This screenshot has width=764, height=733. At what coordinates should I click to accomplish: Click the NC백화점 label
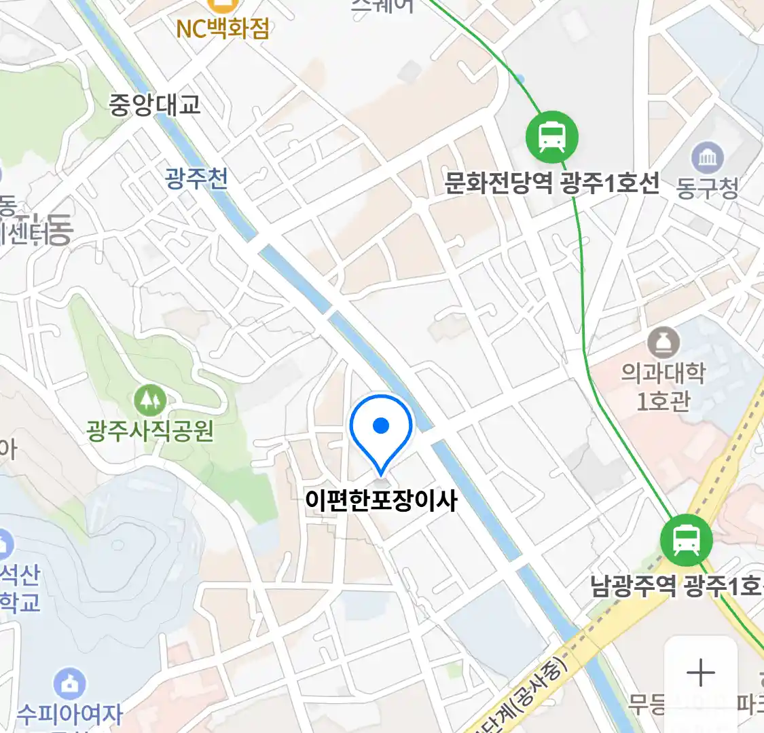click(x=223, y=29)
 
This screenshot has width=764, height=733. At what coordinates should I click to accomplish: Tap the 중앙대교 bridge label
click(x=155, y=105)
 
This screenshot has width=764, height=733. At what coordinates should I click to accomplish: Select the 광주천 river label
click(x=196, y=178)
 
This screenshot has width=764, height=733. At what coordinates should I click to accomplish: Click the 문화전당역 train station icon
click(x=552, y=136)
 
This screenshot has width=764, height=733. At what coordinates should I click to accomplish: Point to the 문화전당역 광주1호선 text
click(x=551, y=183)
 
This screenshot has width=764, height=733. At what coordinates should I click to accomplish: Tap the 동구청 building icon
click(x=708, y=158)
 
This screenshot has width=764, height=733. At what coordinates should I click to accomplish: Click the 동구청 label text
click(x=708, y=188)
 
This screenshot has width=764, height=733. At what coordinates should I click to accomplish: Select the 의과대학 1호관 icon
click(x=663, y=343)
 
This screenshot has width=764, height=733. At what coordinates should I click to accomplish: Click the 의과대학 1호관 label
click(x=663, y=387)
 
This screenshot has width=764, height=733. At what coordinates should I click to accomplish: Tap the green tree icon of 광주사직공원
click(x=150, y=400)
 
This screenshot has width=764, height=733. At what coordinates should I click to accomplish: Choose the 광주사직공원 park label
click(x=150, y=430)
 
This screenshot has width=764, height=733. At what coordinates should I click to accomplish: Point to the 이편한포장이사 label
click(x=381, y=501)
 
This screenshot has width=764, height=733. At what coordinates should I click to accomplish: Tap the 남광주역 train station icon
click(x=686, y=540)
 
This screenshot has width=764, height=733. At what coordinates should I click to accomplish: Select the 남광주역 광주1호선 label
click(x=676, y=586)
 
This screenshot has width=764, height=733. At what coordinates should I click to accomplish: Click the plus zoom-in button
click(x=700, y=673)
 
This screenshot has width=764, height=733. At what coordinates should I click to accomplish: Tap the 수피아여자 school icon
click(x=69, y=683)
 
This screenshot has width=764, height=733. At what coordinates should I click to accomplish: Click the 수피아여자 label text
click(x=69, y=714)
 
